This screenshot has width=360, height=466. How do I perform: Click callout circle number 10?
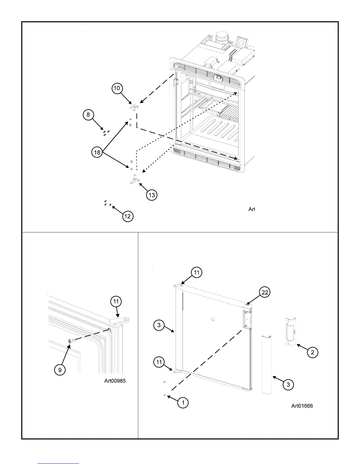(x=117, y=88)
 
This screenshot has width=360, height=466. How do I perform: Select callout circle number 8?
(x=88, y=114)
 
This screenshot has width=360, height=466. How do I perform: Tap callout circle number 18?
(x=97, y=152)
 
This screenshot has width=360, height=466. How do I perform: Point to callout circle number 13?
(x=152, y=195)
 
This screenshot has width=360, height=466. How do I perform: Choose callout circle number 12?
(x=128, y=217)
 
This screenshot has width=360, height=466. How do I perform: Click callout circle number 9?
(x=60, y=370)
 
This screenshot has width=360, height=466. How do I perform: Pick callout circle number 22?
(x=265, y=292)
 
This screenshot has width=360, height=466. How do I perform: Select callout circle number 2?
(x=313, y=352)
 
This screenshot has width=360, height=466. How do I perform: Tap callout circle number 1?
(x=183, y=402)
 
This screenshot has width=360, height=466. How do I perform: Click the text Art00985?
(x=115, y=381)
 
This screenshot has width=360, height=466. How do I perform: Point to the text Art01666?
(x=302, y=406)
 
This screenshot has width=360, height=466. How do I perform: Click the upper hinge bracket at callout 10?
(x=134, y=108)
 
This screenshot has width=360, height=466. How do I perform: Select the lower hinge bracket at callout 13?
(x=134, y=179)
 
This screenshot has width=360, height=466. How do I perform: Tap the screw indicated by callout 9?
(x=72, y=340)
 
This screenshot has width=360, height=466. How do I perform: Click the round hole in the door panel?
(x=214, y=319)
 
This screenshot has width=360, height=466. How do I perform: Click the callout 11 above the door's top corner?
(x=196, y=273)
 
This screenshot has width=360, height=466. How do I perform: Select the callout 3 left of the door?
(x=159, y=325)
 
